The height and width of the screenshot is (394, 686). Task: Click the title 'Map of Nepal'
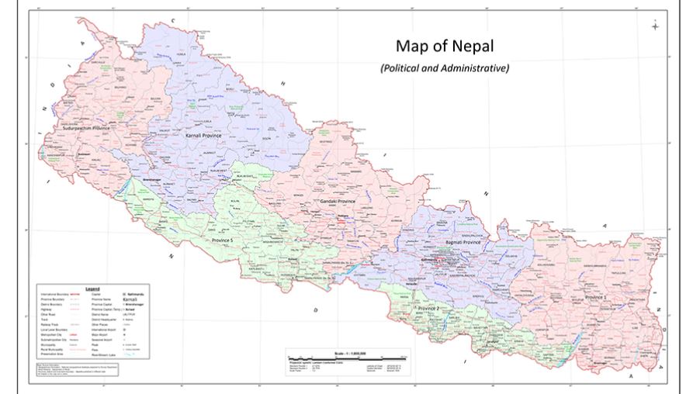pos(444,46)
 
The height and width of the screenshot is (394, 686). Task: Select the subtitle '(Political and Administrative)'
pos(444,68)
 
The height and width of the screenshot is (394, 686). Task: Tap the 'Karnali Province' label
pos(203,136)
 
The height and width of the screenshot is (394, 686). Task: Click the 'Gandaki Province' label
pos(338,202)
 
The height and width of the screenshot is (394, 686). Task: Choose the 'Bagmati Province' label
pos(462,242)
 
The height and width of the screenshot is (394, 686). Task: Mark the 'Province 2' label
pos(428,309)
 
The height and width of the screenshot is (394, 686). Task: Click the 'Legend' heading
pos(92,288)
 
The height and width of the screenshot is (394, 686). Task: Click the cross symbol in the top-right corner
pos(655,27)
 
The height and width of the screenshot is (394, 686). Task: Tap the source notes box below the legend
pos(78,368)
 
